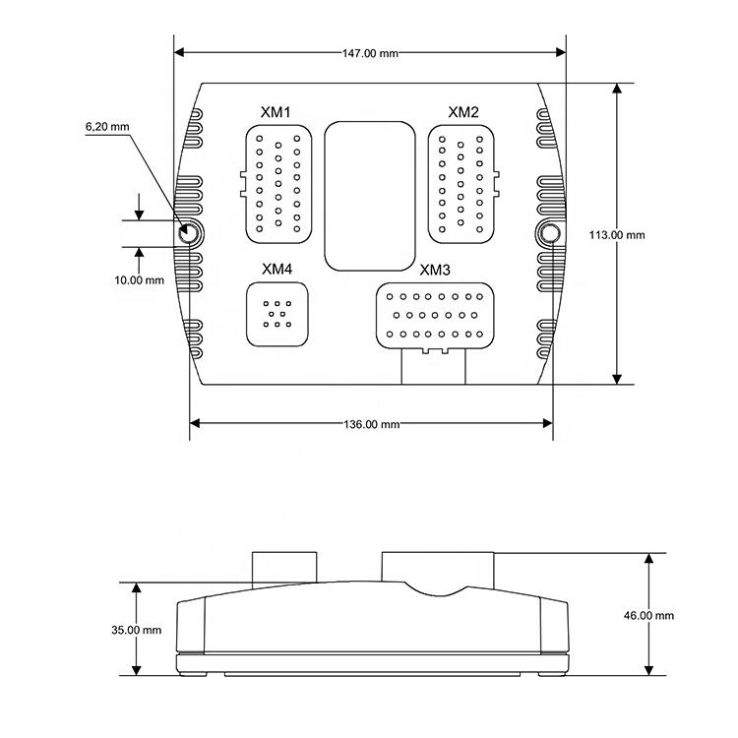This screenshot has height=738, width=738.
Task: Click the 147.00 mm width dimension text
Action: (370, 53)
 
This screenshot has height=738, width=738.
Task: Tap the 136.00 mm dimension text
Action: (370, 424)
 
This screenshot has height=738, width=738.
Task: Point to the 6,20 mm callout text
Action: (107, 127)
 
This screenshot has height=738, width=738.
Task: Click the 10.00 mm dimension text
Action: (139, 279)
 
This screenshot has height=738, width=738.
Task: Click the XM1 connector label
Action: (276, 112)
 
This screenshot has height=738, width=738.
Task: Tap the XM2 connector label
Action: (463, 112)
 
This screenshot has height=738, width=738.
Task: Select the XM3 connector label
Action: (435, 271)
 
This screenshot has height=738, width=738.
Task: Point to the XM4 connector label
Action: (277, 269)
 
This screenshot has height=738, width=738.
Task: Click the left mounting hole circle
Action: (189, 234)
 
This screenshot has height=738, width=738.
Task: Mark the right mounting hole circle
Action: (551, 234)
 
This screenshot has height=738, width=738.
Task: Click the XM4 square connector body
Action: (277, 314)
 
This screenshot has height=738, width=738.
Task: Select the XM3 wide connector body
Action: (433, 315)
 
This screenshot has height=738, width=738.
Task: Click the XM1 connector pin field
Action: (277, 183)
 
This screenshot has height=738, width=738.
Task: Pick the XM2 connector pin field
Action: (461, 183)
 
